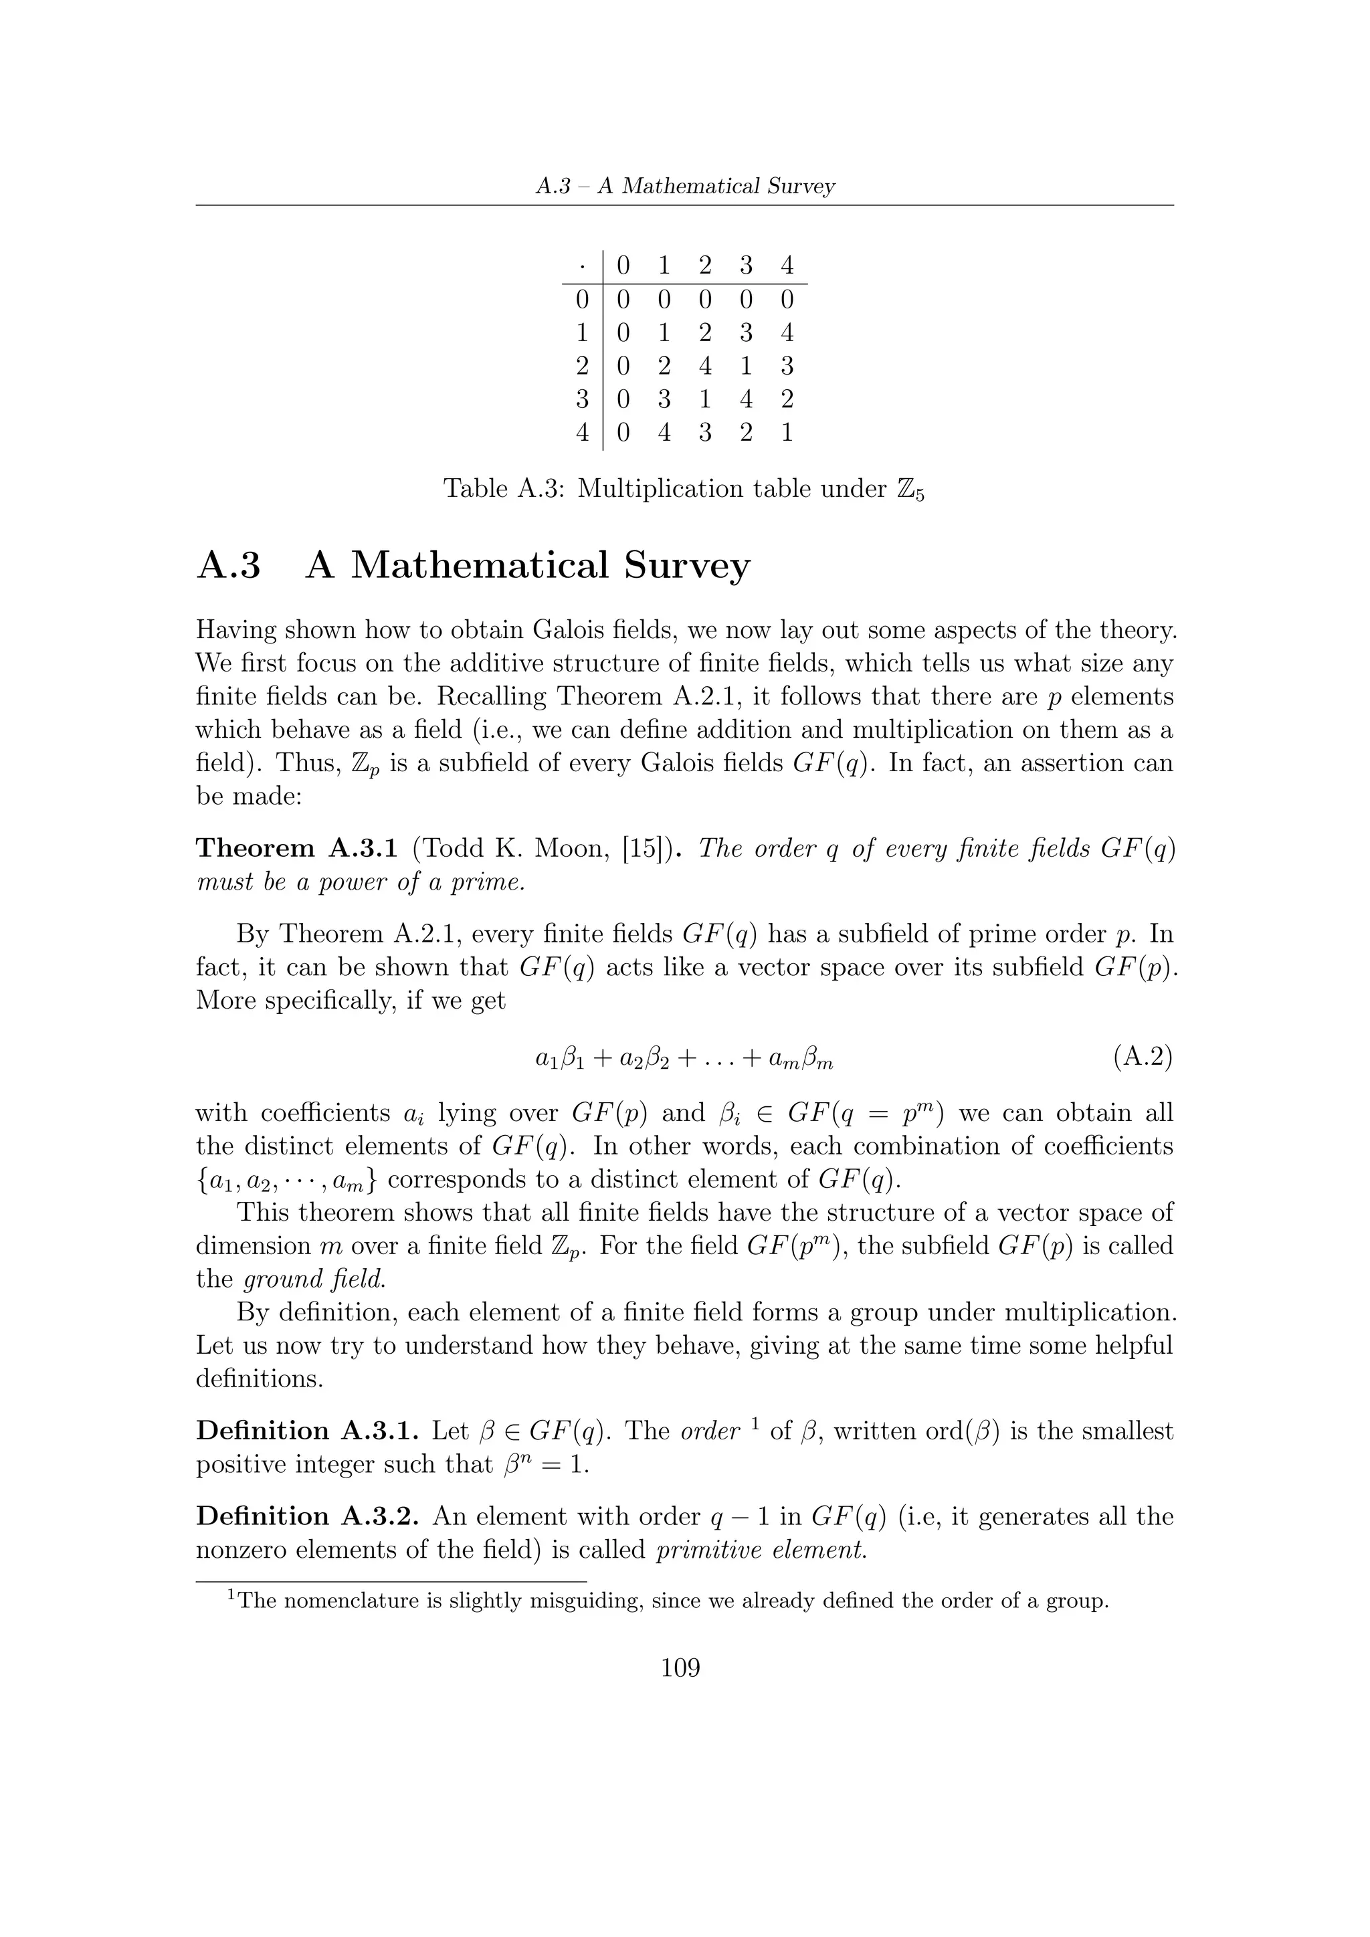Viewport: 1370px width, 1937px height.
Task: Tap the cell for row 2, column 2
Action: [705, 366]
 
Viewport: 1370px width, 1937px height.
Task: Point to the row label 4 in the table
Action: [582, 433]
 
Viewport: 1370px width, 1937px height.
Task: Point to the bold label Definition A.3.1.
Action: [307, 1431]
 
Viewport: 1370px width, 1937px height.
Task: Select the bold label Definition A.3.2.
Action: [307, 1516]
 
